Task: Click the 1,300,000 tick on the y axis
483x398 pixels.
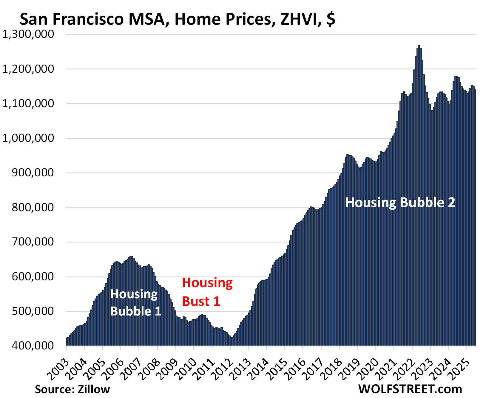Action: coord(28,34)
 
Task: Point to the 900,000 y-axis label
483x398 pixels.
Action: coord(33,173)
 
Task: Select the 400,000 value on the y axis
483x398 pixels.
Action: coord(33,346)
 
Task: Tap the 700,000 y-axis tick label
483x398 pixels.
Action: coord(33,242)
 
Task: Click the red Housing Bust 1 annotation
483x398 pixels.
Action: coord(207,292)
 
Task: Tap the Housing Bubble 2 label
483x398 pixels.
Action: coord(400,203)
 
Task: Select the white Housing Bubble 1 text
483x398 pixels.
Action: coord(136,303)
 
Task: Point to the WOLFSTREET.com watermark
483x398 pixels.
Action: coord(410,389)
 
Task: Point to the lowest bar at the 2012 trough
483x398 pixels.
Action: coord(232,341)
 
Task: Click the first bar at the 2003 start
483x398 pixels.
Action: coord(67,342)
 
